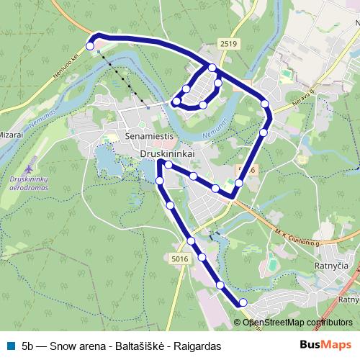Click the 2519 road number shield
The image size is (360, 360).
[x=230, y=44]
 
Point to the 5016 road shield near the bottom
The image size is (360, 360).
[x=180, y=258]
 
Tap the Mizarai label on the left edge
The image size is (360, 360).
[x=12, y=134]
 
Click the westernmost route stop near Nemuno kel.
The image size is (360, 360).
[x=90, y=46]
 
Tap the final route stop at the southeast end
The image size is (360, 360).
[x=243, y=302]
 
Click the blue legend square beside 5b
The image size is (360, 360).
[x=9, y=346]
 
